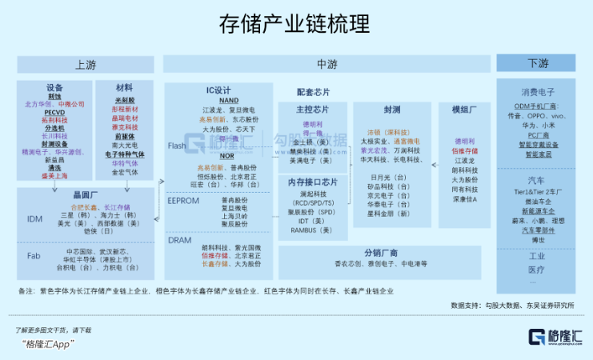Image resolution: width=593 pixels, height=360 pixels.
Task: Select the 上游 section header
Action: point(86,64)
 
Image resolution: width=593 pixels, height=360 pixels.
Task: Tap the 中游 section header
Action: point(327,64)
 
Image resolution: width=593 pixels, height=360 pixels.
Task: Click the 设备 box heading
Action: point(55,87)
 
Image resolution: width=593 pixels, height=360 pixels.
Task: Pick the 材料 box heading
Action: point(124,87)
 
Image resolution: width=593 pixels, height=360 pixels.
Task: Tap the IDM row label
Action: point(34,218)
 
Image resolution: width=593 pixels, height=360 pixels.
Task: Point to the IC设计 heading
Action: point(218,90)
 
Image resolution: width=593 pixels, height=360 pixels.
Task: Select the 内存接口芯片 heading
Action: point(312,182)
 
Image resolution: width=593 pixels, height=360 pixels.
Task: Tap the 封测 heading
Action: point(391,110)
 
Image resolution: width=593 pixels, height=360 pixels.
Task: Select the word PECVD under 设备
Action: point(54,112)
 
